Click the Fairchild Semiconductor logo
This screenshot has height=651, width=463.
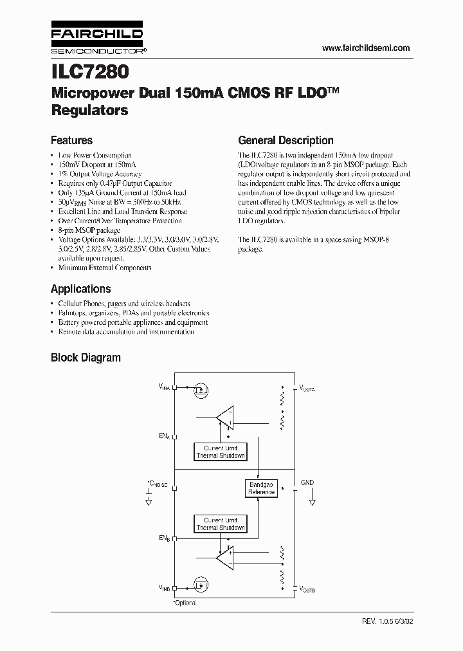[96, 40]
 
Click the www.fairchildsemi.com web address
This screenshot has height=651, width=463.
[365, 49]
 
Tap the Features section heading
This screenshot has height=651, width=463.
[71, 140]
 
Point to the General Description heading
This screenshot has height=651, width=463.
[286, 140]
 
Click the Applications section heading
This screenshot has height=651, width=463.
[80, 289]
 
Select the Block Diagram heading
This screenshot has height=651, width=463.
[86, 358]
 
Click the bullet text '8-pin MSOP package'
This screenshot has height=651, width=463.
[89, 230]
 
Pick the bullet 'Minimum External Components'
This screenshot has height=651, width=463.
[105, 267]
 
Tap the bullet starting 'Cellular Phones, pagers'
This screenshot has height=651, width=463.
[123, 304]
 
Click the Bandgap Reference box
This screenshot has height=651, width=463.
[261, 488]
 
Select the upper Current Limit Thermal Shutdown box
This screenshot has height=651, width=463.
[221, 452]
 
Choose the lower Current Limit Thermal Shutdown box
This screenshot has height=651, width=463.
[221, 524]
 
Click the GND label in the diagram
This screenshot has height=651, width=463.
[307, 482]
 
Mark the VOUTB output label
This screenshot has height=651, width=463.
[307, 589]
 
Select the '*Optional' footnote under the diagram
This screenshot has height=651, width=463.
[185, 603]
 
